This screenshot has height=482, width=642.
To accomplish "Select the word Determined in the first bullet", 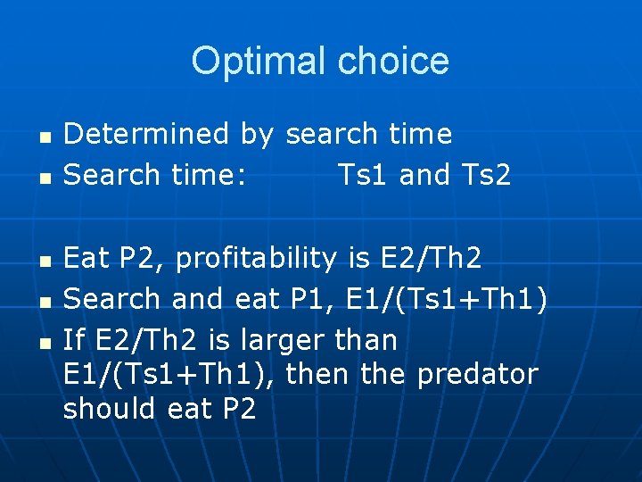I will [x=147, y=135].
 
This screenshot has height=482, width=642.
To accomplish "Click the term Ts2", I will [x=486, y=176].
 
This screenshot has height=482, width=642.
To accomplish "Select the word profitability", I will [x=254, y=259].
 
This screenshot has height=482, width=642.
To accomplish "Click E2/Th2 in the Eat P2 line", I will [x=430, y=259].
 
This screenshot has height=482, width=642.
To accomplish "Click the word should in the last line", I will [x=111, y=409].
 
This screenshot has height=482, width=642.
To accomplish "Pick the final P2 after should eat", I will [x=237, y=409].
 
